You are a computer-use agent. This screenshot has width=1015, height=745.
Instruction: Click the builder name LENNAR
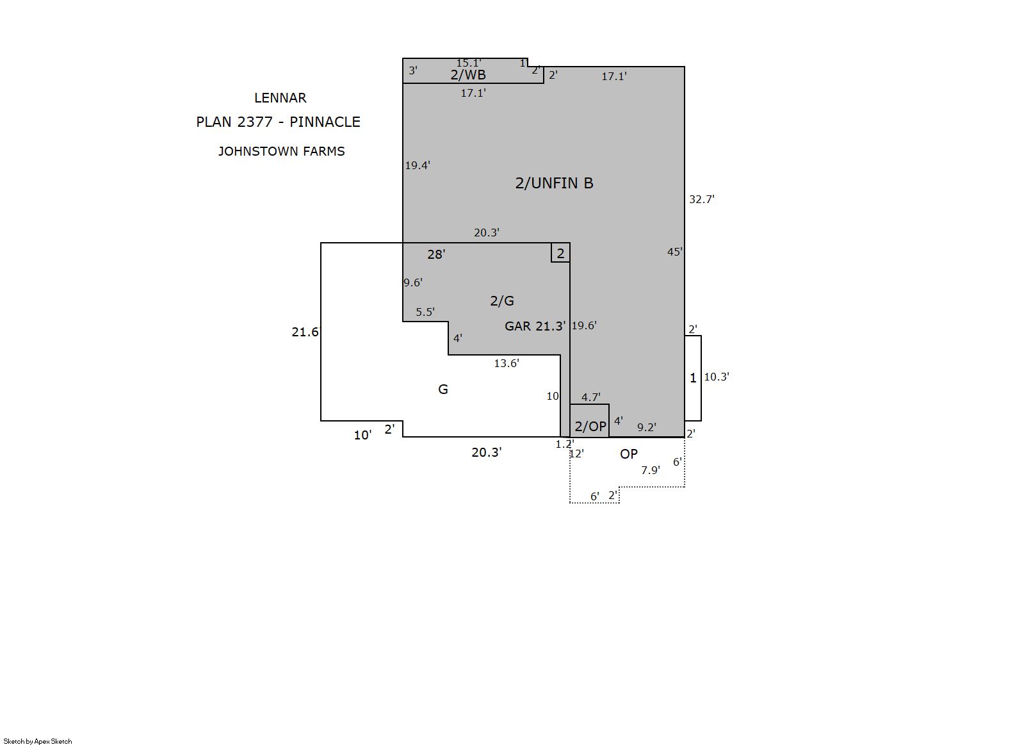pos(280,98)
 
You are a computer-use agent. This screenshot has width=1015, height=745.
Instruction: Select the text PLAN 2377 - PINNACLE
pos(278,122)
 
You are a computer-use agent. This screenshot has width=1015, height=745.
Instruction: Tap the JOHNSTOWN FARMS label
pos(281,151)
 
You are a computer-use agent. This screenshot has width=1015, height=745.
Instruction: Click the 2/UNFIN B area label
pos(554,183)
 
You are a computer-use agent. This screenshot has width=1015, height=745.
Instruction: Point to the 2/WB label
pos(468,75)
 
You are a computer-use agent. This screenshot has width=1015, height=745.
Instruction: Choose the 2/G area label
pos(502,300)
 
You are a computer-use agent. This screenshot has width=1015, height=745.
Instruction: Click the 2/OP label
pos(590,426)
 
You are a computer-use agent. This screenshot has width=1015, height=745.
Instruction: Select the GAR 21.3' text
pos(535,326)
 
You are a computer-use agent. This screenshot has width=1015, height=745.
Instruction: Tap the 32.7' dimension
pos(702,199)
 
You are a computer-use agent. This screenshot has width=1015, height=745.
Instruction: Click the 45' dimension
pos(675,252)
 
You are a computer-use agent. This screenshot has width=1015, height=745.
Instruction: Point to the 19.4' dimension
pos(418,165)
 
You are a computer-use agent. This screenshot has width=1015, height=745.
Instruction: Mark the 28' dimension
pos(436,254)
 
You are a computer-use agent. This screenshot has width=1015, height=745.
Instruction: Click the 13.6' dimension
pos(507,363)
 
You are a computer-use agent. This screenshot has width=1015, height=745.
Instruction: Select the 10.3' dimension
pos(717,377)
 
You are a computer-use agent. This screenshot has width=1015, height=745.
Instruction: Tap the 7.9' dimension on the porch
pos(650,470)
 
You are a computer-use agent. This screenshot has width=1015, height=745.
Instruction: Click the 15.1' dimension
pos(469,63)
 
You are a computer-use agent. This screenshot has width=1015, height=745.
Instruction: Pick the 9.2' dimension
pos(647,427)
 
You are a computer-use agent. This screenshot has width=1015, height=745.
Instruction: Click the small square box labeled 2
pos(560,252)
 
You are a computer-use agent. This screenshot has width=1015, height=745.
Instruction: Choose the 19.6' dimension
pos(584,325)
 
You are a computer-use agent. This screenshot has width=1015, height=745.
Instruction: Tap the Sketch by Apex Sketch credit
pos(38,741)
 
